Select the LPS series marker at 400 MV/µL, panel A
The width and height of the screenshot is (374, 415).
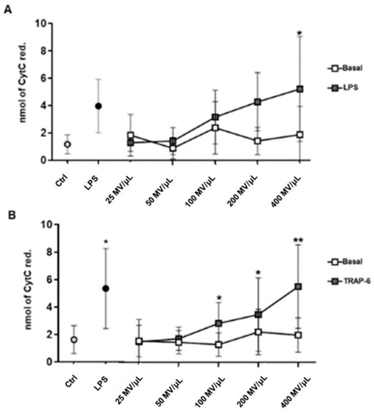pyautogui.click(x=299, y=89)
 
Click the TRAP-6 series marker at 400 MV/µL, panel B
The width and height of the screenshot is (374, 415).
pyautogui.click(x=299, y=286)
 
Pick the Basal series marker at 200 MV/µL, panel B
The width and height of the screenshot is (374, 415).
pyautogui.click(x=259, y=332)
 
